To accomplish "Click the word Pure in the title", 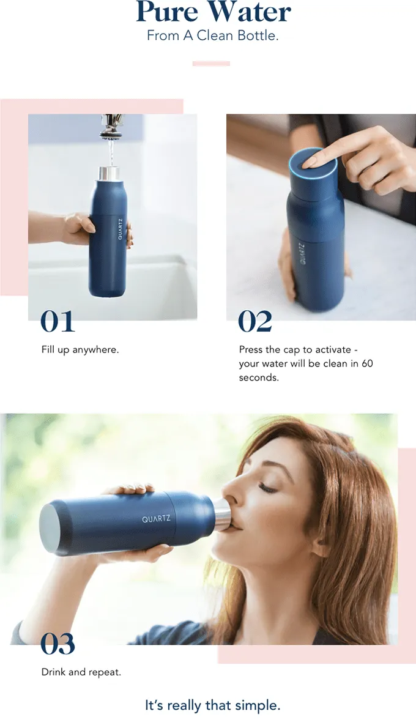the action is coord(168,12).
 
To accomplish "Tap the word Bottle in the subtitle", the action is coord(258,35).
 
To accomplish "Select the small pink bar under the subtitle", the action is coord(211,64).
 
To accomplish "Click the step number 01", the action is coord(58,321).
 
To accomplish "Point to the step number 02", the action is coord(255,321).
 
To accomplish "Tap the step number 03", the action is coord(58,644).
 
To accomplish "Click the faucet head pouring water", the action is coord(111,126).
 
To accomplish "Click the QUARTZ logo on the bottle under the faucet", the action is coord(120,229).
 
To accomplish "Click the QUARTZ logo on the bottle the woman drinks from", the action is coord(156,519).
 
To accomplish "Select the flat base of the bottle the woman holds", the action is coord(48,529).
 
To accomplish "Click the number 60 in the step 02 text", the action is coord(367,363).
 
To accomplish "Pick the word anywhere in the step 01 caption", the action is coord(95,349).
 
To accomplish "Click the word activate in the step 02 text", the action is coord(333,349).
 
